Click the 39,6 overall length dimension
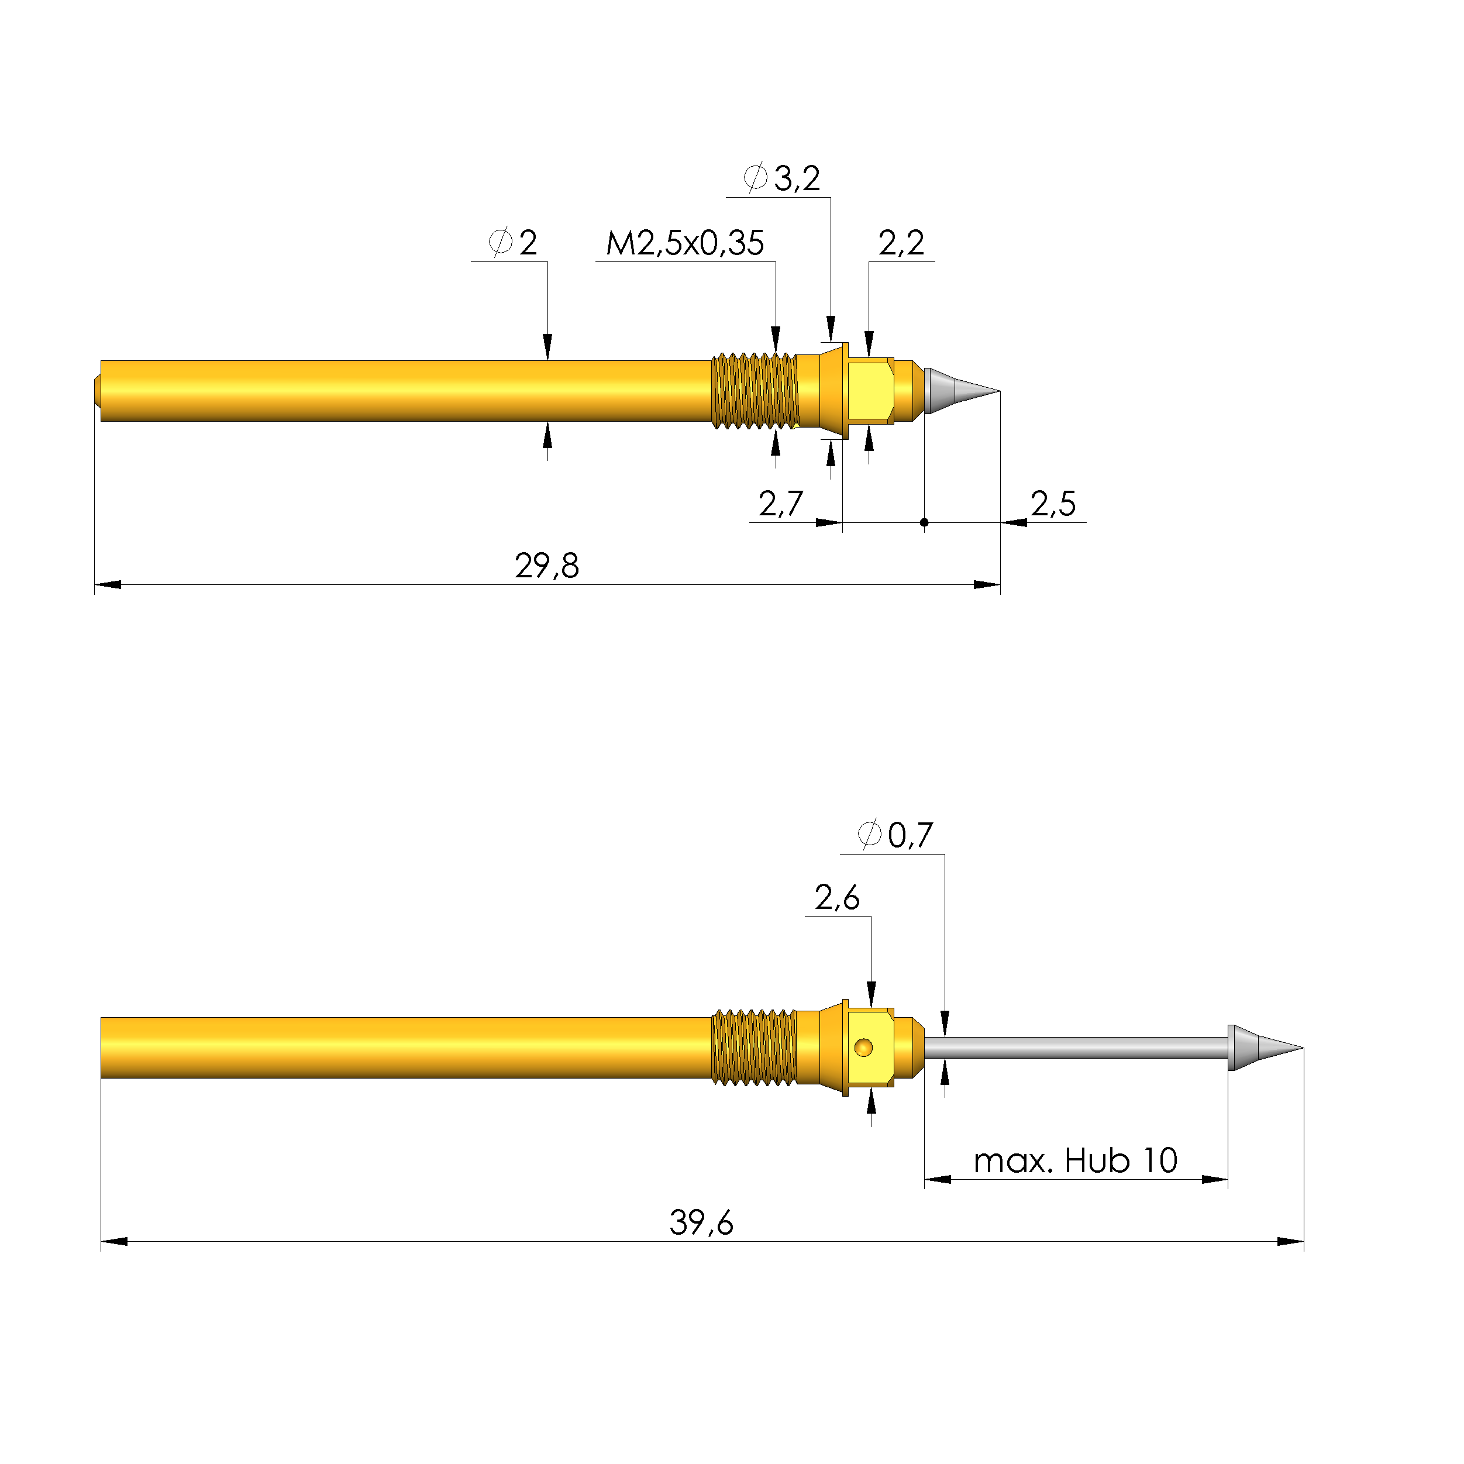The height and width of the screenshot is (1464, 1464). pos(701,1223)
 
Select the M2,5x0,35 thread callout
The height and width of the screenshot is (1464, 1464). pos(684,243)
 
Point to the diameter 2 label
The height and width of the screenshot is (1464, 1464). pos(513,243)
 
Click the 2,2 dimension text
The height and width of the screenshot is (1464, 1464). pos(901,243)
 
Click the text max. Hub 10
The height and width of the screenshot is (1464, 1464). pos(1074,1161)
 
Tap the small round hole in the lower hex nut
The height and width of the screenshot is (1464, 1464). pos(863,1048)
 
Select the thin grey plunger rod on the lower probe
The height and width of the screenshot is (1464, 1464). pos(1076,1048)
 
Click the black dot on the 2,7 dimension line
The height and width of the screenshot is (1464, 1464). pos(924,522)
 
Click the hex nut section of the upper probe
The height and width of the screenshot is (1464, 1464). pos(870,391)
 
